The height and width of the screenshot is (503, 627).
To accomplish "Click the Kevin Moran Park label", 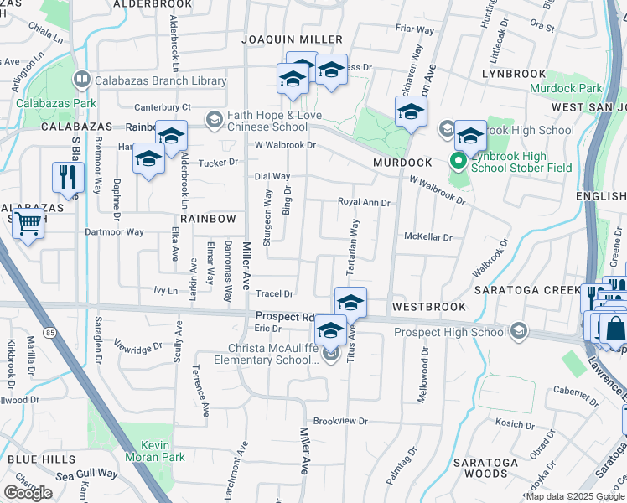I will [x=154, y=451].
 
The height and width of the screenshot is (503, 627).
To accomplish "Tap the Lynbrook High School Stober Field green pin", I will [x=459, y=160].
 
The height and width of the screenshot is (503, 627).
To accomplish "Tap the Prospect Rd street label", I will [x=284, y=317].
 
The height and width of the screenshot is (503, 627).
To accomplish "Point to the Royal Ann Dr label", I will [x=364, y=202].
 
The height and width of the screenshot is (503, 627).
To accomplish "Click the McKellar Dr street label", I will [x=427, y=237].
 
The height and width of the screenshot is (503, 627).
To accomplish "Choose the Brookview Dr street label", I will [x=340, y=421].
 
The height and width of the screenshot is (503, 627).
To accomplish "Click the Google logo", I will [x=28, y=493].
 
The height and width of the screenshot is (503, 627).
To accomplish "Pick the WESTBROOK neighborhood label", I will [x=428, y=307].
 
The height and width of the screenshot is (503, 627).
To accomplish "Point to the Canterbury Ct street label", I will [x=163, y=107].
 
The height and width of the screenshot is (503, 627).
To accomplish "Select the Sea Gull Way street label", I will [x=87, y=473].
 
